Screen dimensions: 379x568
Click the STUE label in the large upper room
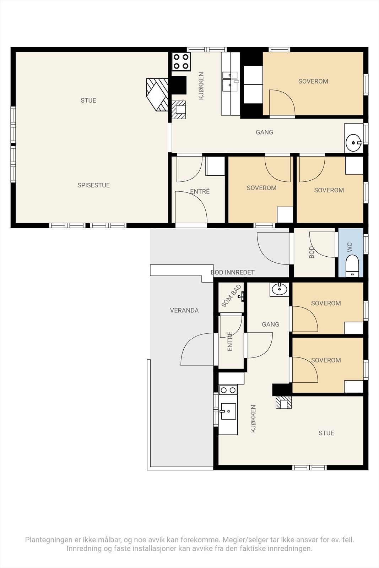point(88,100)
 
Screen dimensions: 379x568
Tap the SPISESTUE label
point(94,185)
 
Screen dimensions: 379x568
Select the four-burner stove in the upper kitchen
point(181,61)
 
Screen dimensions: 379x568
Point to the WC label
point(350,247)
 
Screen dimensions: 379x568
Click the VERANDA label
point(184,310)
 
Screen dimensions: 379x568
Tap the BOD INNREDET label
point(233,272)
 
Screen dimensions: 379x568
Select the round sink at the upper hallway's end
point(354,142)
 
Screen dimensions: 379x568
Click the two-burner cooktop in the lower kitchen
point(228,390)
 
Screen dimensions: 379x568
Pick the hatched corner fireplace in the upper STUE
point(157,94)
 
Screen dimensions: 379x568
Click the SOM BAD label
point(231,296)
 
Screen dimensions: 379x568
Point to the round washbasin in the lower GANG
point(279,289)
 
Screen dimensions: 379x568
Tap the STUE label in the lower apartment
point(326,433)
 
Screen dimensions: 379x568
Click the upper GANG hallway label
point(264,132)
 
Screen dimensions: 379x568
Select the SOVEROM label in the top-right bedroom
point(313,81)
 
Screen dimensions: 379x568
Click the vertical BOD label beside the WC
point(312,252)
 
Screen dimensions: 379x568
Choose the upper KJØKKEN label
point(201,86)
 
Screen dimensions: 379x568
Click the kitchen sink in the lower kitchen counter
point(228,411)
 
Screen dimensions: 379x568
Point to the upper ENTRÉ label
point(200,191)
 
